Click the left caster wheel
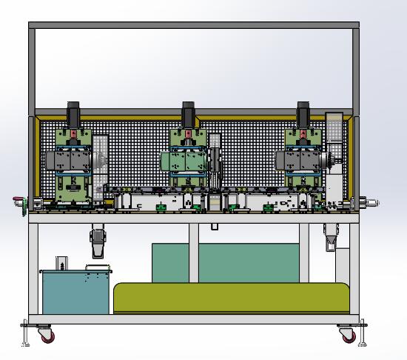tap(46, 336)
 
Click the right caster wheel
tap(346, 335)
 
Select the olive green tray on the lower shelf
tap(231, 297)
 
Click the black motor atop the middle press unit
tap(188, 114)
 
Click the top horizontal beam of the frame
tap(194, 25)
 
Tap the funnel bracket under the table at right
tap(331, 236)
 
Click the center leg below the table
tap(193, 252)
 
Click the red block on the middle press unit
tap(188, 136)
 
